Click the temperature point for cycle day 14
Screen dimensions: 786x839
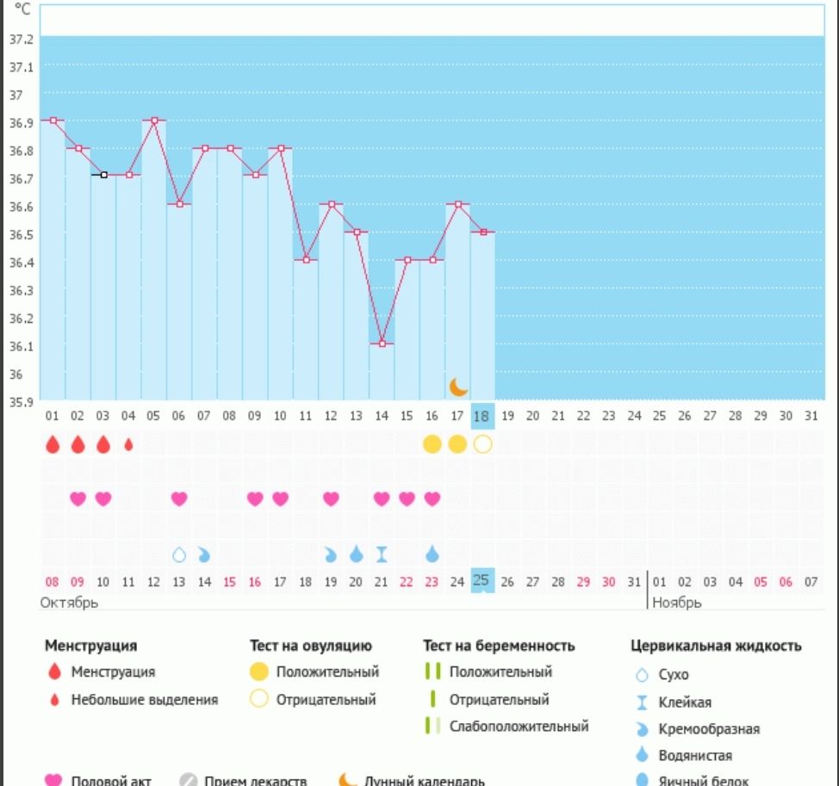pos(382,343)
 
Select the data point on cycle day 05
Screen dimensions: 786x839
pos(154,121)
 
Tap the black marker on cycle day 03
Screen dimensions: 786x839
pos(103,175)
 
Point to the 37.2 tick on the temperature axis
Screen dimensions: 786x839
pos(21,40)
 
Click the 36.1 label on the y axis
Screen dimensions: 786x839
pos(21,346)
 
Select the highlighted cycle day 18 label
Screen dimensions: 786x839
pos(482,417)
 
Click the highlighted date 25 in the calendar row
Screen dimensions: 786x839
pos(482,581)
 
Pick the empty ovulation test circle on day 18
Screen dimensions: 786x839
pos(482,444)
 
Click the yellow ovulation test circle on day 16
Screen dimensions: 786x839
pos(432,444)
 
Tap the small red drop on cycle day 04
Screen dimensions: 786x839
pos(128,444)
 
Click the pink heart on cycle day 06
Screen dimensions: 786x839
pos(179,498)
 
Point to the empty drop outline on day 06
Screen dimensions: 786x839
pos(179,554)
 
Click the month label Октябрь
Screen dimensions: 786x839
pos(69,603)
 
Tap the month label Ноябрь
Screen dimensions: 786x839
pos(677,603)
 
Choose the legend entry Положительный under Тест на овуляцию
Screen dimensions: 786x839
pos(327,672)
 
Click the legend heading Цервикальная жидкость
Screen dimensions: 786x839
pos(717,646)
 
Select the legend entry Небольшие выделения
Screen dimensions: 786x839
pos(145,700)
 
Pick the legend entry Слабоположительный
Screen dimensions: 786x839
pos(519,727)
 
